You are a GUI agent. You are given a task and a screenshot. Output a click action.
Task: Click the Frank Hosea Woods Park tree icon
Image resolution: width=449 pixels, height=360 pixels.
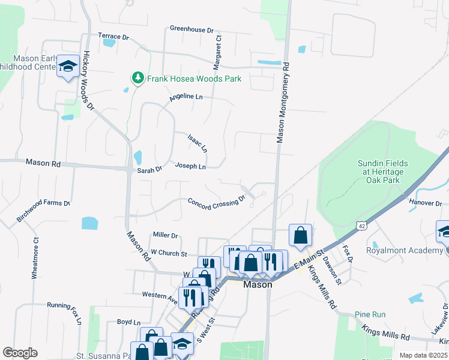pyautogui.click(x=138, y=78)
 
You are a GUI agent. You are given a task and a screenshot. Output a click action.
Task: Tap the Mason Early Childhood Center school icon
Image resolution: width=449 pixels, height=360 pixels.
pyautogui.click(x=68, y=66)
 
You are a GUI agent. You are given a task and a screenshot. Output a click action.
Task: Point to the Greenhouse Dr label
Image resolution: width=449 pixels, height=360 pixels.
pyautogui.click(x=191, y=29)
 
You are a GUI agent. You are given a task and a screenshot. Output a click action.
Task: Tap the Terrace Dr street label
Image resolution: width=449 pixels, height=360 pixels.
pyautogui.click(x=113, y=37)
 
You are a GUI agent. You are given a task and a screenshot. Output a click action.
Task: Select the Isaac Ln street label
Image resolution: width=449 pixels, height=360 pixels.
pyautogui.click(x=197, y=143)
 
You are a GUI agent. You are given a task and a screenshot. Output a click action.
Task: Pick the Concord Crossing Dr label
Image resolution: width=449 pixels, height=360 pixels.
pyautogui.click(x=217, y=202)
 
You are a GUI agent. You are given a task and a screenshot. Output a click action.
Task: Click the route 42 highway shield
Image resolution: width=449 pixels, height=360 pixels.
pyautogui.click(x=360, y=226)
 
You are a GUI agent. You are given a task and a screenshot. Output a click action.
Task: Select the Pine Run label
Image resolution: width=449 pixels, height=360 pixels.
pyautogui.click(x=370, y=314)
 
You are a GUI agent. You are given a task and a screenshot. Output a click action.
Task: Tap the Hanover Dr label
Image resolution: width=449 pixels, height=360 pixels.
pyautogui.click(x=425, y=203)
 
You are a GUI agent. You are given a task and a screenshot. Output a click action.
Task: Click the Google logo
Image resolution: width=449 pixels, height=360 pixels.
pyautogui.click(x=20, y=353)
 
